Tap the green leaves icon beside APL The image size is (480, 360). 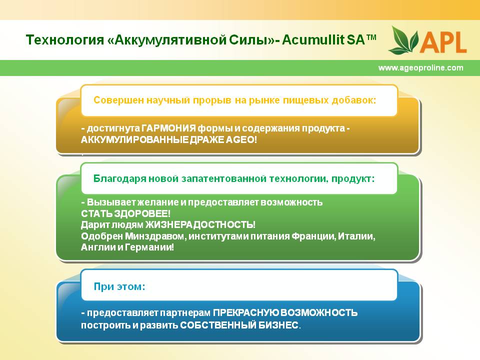tap(403, 40)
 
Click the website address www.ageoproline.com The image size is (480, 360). tap(420, 67)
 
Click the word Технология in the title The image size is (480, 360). tap(65, 40)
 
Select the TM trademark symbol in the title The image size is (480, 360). tap(371, 37)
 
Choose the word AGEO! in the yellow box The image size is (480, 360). tap(241, 139)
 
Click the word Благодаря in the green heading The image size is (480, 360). tap(119, 178)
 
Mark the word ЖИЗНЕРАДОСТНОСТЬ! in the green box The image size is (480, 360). tap(200, 224)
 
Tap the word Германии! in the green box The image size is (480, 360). tap(149, 247)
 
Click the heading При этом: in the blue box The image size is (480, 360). tap(119, 286)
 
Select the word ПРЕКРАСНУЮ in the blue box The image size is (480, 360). tap(246, 312)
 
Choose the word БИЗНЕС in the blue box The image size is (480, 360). tap(278, 325)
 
